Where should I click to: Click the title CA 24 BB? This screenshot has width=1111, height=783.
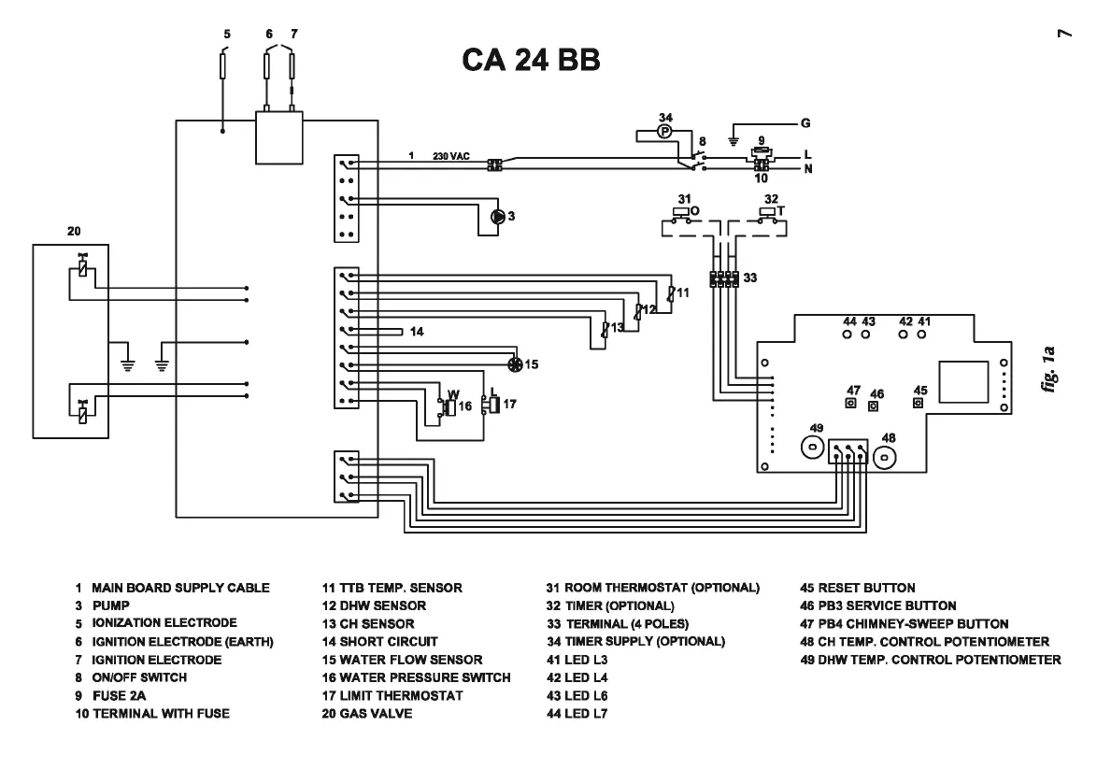(x=530, y=62)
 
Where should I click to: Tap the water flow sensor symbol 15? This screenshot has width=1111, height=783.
(x=513, y=363)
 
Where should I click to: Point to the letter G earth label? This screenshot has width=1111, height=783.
(x=805, y=122)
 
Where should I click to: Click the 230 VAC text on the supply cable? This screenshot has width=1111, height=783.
(x=450, y=156)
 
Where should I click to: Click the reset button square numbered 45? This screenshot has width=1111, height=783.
(x=919, y=404)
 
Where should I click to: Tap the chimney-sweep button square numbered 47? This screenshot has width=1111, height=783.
(x=851, y=403)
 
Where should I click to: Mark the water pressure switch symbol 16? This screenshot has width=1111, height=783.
(x=448, y=406)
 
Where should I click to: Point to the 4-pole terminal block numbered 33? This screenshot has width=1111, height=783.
(x=724, y=278)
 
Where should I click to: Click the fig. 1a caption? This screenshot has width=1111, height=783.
(x=1055, y=370)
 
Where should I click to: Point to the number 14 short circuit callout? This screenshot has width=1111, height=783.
(x=417, y=332)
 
